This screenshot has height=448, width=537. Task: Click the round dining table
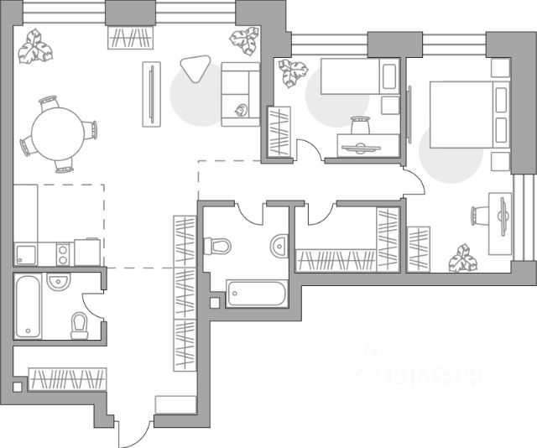(56, 132)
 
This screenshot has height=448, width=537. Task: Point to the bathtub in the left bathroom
(27, 306)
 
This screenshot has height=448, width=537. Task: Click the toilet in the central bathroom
(218, 246)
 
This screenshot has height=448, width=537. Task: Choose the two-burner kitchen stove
(61, 251)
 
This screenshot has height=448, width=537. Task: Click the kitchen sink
(26, 253)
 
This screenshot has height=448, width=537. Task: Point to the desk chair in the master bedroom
(479, 215)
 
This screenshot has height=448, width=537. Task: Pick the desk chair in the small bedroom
(361, 128)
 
